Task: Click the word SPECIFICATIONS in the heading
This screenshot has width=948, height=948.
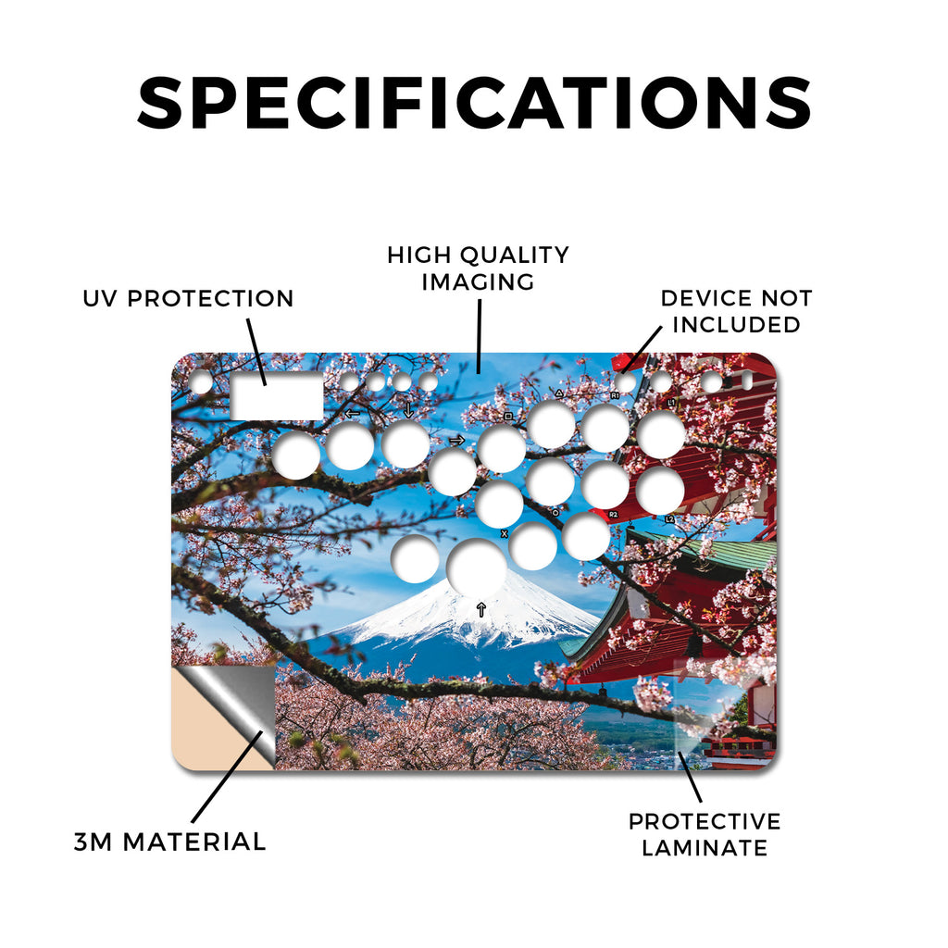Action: [474, 103]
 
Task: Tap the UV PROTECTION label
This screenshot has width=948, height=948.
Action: [188, 298]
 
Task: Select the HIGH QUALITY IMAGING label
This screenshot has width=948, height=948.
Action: [478, 268]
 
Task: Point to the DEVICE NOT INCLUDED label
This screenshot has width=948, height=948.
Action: [736, 311]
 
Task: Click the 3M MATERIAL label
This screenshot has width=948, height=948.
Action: [170, 842]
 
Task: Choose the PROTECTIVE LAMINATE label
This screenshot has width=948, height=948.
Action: [705, 834]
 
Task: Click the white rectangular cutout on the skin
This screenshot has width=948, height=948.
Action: [277, 395]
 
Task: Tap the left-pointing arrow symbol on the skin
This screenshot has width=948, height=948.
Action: [352, 414]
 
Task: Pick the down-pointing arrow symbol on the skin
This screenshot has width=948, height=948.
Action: [408, 409]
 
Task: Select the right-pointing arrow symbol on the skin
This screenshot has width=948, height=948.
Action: [456, 440]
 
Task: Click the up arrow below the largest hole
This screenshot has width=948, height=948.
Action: [480, 609]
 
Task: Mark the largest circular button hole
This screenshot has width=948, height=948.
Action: [477, 568]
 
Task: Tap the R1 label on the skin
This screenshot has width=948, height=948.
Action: [615, 395]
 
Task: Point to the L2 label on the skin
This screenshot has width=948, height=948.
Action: [669, 519]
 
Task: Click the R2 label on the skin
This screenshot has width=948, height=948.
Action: [613, 515]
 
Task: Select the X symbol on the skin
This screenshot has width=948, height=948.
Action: [505, 534]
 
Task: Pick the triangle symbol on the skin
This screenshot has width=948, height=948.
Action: [559, 393]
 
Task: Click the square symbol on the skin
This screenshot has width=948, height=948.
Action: [508, 417]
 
